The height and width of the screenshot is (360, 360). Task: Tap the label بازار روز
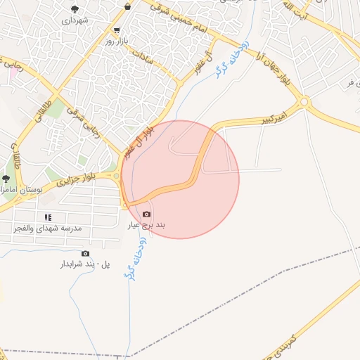pos(99,41)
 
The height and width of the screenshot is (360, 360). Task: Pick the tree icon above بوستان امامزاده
pos(6,179)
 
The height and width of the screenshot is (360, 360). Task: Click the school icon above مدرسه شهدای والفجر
pos(49,217)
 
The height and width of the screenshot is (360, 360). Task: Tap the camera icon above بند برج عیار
pos(146,214)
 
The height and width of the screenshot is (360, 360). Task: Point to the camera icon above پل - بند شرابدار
pos(86,253)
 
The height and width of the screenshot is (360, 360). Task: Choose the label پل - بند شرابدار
pos(86,264)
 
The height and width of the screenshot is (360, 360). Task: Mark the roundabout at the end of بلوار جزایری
pos(117,176)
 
